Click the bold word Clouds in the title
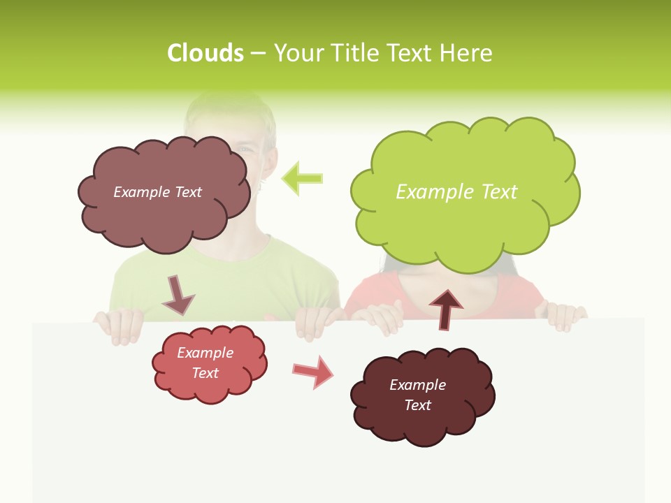(x=205, y=53)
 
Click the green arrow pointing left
(x=302, y=178)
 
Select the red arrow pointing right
(x=314, y=372)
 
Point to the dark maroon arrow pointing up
(x=445, y=309)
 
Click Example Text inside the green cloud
(x=456, y=192)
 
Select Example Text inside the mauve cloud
(x=157, y=192)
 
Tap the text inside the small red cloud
(x=205, y=363)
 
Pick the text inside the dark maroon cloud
(x=417, y=395)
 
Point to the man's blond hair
(x=231, y=112)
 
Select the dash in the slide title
(x=258, y=54)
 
